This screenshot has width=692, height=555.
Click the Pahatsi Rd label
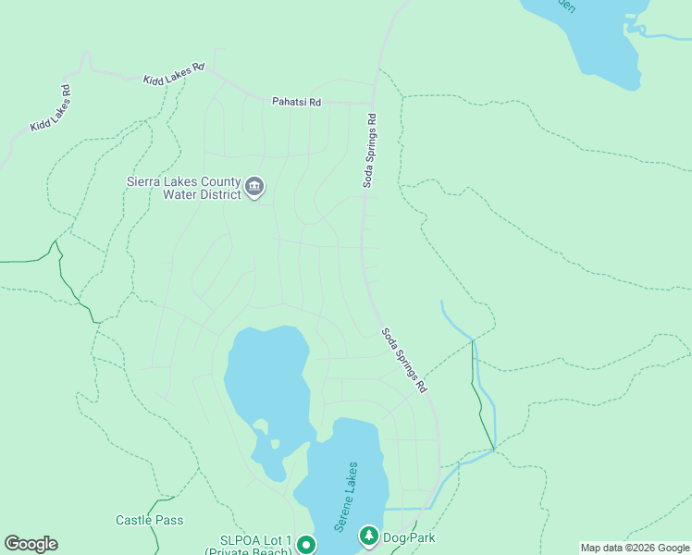[x=296, y=102]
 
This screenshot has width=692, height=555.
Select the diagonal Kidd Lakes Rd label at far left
[x=51, y=108]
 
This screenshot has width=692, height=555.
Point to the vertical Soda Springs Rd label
[x=369, y=151]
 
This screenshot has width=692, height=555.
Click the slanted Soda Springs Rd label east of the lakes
[x=404, y=361]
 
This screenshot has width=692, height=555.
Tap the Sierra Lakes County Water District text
[x=183, y=188]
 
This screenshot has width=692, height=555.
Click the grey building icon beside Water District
[x=255, y=189]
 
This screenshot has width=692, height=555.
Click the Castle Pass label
[x=149, y=520]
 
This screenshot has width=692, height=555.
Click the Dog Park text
[x=410, y=537]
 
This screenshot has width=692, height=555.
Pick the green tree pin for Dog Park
[x=369, y=536]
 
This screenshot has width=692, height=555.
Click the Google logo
[x=31, y=544]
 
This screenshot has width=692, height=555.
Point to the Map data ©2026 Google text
[x=634, y=548]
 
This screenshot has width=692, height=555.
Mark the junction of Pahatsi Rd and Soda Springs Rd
[x=373, y=103]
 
